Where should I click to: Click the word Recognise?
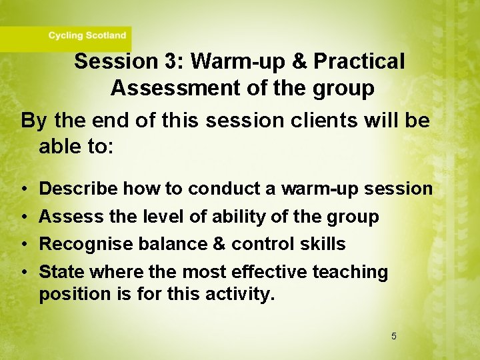click(86, 244)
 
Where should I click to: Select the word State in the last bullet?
click(61, 272)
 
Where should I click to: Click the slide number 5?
click(393, 336)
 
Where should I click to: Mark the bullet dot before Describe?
click(23, 189)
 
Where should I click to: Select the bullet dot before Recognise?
click(23, 245)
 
